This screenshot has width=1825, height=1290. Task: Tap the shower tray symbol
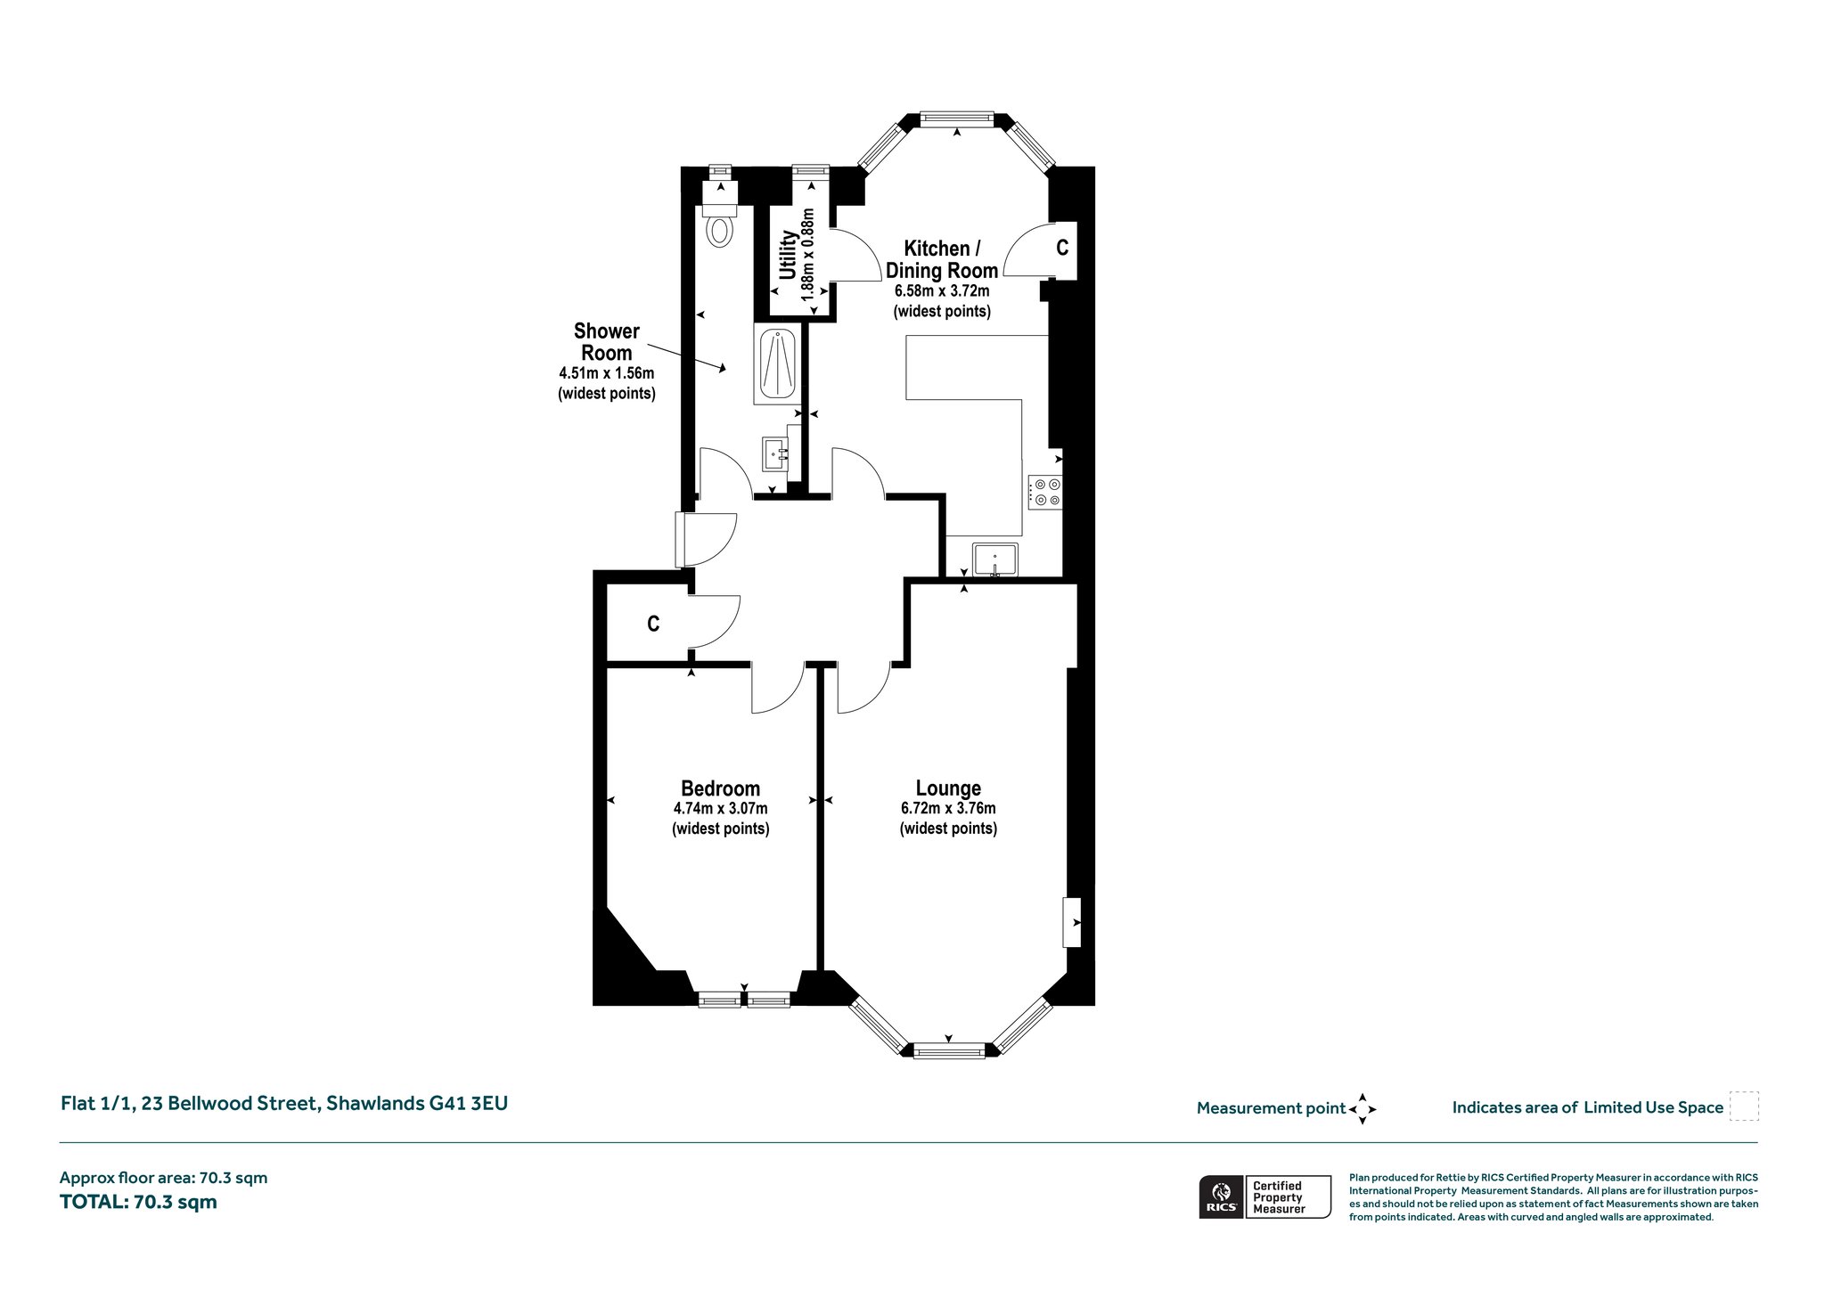tap(777, 365)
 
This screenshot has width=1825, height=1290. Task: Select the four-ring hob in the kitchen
tap(1044, 492)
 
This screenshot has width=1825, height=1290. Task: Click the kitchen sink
tap(995, 559)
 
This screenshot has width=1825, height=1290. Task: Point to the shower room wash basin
tap(775, 453)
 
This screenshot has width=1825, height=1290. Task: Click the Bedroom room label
tap(720, 788)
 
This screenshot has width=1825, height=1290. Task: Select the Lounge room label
tap(948, 788)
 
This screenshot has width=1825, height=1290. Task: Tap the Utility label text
tap(788, 256)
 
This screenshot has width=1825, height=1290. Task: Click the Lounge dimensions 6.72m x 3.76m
tap(948, 809)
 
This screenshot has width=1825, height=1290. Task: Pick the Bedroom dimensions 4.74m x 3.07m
tap(720, 809)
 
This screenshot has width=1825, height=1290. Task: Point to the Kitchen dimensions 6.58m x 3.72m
tap(942, 291)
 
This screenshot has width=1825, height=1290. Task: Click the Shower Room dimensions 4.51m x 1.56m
tap(607, 373)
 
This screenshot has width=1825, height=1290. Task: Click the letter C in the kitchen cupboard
tap(1062, 248)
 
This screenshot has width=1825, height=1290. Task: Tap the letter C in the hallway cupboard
tap(653, 625)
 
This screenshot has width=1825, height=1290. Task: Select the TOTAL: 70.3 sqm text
tap(138, 1202)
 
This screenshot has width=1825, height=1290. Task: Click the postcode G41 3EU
tap(469, 1103)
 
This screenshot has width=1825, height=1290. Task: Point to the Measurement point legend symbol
tap(1363, 1109)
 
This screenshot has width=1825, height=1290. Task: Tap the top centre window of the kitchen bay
tap(956, 117)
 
